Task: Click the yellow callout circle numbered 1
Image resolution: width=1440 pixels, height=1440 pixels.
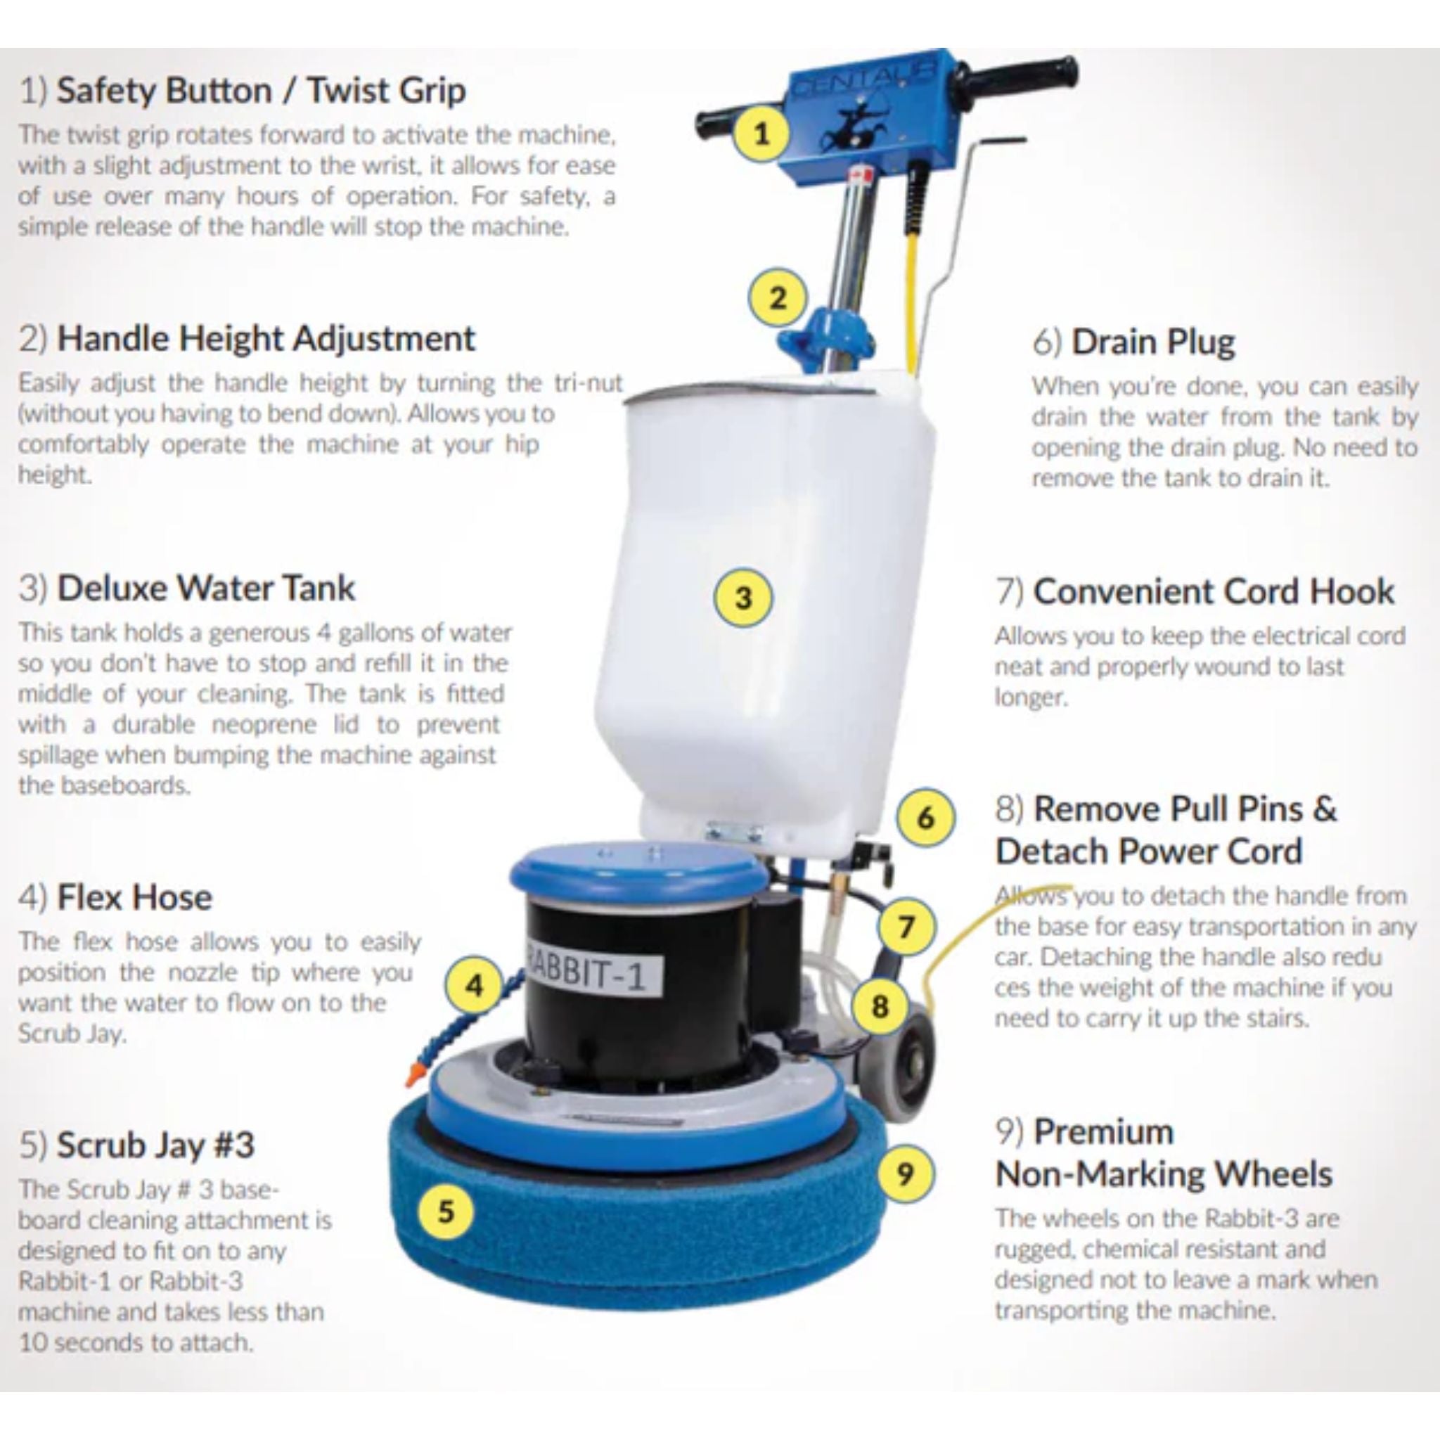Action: pos(761,135)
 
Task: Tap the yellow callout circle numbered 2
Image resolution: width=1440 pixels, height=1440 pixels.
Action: pos(778,298)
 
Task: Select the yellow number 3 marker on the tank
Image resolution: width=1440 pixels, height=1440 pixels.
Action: pos(743,598)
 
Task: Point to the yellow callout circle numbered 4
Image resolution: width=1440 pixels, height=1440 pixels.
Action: pos(475,986)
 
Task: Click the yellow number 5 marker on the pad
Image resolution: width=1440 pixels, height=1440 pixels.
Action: pos(445,1211)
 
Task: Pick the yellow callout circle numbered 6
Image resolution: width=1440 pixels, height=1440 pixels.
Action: pos(925,818)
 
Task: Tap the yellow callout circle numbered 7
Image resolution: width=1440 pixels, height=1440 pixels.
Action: pos(906,927)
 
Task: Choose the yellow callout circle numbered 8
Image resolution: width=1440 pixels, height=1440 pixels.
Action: pos(880,1006)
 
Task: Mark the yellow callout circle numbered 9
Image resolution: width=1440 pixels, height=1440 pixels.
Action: pos(904,1174)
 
